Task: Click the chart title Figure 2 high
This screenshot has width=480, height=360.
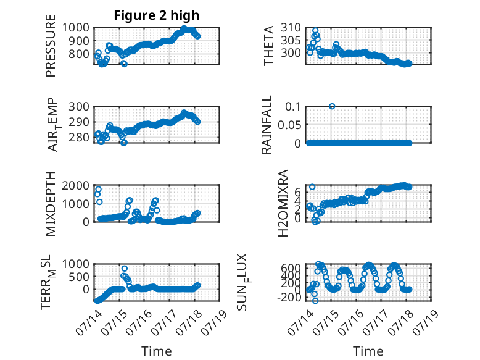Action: pos(157,15)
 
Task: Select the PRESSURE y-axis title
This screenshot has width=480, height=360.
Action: pos(51,46)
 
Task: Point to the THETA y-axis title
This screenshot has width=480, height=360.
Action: pos(269,46)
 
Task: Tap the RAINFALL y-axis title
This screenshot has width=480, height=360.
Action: pos(267,125)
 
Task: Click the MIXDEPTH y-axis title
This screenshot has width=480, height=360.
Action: pos(51,203)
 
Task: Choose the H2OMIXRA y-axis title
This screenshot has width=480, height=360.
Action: pos(283,203)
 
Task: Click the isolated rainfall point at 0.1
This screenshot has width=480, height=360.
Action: pos(332,106)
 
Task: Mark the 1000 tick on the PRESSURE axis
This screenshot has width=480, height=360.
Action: pos(76,28)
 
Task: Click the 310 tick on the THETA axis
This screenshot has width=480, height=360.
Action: pos(291,28)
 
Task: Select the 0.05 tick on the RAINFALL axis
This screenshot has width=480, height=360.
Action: pos(289,125)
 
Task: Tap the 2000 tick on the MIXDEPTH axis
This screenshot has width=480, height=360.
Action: pos(76,185)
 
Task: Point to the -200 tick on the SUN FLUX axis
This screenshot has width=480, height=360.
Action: pos(289,297)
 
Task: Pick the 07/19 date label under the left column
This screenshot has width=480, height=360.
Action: pos(214,322)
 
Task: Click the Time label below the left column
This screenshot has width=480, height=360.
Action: pos(157,351)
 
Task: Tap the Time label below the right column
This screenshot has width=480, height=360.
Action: pos(368,351)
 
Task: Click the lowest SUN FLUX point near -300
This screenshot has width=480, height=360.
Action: pos(315,301)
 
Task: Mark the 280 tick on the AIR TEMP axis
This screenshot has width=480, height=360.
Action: pos(79,138)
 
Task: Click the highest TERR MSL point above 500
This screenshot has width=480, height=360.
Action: pos(124,269)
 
